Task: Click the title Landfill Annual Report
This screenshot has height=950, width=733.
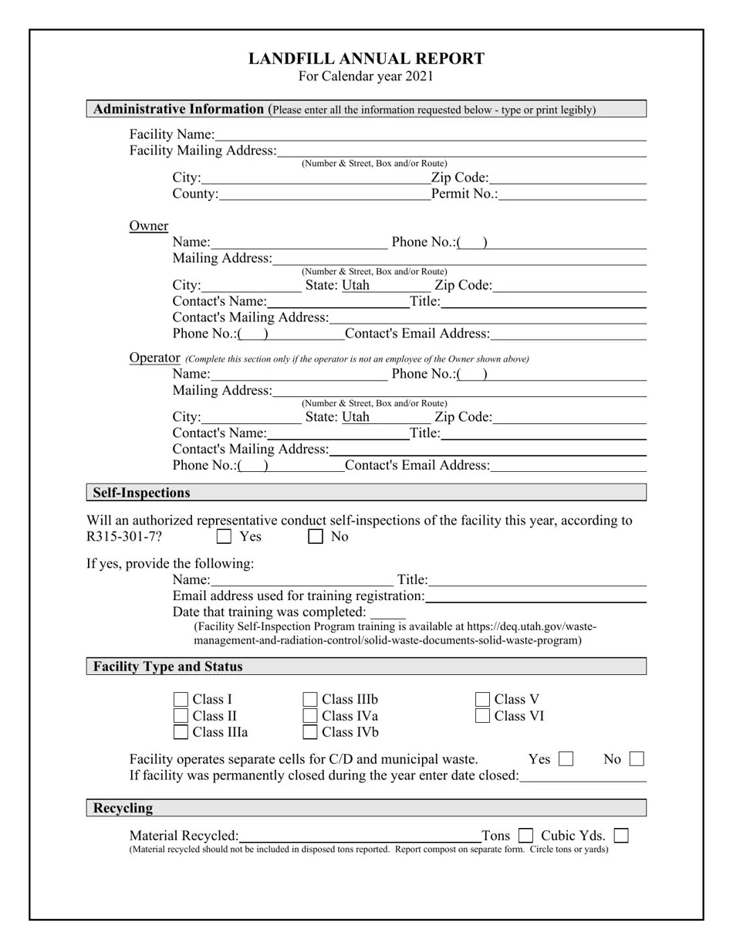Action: [366, 59]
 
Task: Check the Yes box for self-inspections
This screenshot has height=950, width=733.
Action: [225, 537]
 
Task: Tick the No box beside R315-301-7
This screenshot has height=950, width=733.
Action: [315, 537]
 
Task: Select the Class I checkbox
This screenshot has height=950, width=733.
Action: [181, 700]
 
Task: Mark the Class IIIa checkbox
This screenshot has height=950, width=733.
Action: [181, 732]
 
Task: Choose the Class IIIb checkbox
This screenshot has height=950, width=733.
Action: [310, 700]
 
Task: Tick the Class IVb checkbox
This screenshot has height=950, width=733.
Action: [310, 732]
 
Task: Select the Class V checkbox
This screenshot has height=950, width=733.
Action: [483, 700]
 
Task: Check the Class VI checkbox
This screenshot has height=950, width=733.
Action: [483, 716]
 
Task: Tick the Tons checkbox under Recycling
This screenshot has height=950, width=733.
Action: [525, 836]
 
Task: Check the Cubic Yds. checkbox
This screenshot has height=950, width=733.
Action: [621, 836]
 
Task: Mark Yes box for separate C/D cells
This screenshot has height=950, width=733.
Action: [566, 759]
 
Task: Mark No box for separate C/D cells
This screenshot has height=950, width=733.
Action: [637, 759]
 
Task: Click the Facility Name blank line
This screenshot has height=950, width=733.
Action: [431, 135]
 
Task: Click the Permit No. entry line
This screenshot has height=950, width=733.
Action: [572, 194]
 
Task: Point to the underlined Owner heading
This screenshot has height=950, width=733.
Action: [149, 226]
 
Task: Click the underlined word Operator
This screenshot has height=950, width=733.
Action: [154, 358]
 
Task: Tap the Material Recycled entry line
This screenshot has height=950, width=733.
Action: [360, 836]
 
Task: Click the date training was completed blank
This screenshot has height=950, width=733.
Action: [387, 612]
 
